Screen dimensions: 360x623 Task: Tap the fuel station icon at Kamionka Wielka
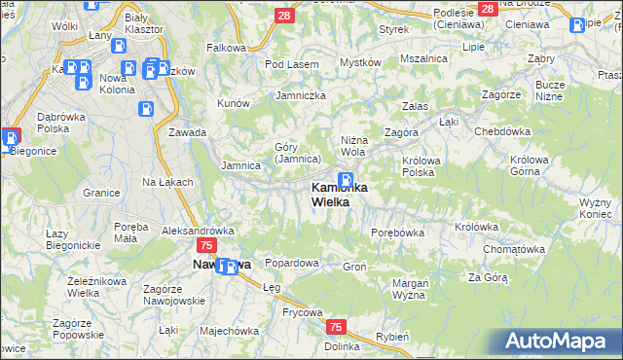346,180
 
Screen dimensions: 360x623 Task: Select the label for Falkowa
226,47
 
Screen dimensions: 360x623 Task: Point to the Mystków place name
359,62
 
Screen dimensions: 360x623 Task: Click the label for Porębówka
398,233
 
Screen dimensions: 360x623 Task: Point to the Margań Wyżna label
411,288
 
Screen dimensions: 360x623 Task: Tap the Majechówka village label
229,330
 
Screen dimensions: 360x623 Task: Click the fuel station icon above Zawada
146,110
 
